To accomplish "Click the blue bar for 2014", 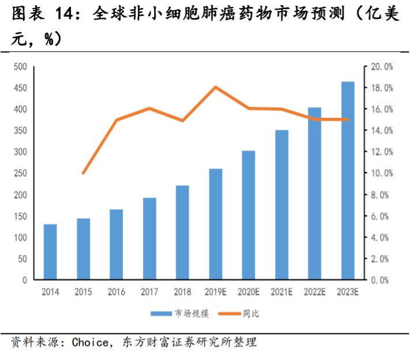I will pyautogui.click(x=50, y=252).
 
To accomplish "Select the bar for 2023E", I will pyautogui.click(x=348, y=181).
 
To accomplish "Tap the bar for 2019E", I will pyautogui.click(x=215, y=224).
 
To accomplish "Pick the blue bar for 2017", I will pyautogui.click(x=149, y=238).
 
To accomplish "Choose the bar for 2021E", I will pyautogui.click(x=281, y=205).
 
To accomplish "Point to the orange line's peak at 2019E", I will pyautogui.click(x=215, y=87).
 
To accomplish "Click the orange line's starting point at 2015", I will pyautogui.click(x=84, y=173).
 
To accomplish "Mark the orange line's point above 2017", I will pyautogui.click(x=149, y=108).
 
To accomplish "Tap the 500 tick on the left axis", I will pyautogui.click(x=21, y=67).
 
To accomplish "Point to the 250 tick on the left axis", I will pyautogui.click(x=21, y=173).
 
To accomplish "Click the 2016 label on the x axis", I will pyautogui.click(x=116, y=292).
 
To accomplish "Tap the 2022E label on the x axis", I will pyautogui.click(x=314, y=292).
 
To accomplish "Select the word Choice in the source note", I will pyautogui.click(x=89, y=343).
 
